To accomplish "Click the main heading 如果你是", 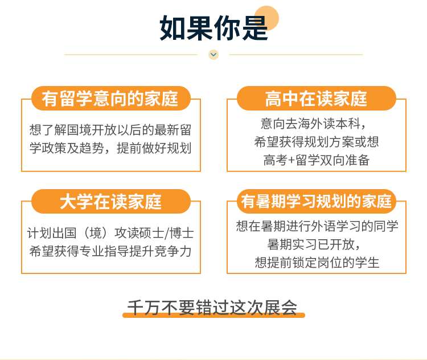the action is [213, 28].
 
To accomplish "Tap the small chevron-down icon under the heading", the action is [213, 55].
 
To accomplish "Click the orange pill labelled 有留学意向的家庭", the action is [110, 99].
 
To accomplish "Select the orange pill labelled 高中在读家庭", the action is [316, 99].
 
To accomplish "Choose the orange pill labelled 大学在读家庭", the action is [110, 202].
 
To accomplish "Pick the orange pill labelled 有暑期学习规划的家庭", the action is [316, 202].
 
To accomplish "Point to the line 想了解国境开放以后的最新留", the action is [110, 130].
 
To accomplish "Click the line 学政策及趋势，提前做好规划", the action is [110, 148].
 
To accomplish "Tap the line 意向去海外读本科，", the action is [313, 124].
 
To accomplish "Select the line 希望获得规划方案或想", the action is [317, 142].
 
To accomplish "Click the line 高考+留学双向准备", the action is [317, 160].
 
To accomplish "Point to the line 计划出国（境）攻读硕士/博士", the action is [110, 233].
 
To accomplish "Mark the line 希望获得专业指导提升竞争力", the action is [110, 251].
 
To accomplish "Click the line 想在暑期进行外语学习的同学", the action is [317, 226].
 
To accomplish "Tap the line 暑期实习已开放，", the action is [314, 244].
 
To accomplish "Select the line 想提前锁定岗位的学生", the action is [317, 263].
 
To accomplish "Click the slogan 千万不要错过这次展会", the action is [212, 308].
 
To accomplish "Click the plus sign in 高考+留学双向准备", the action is [291, 160].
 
